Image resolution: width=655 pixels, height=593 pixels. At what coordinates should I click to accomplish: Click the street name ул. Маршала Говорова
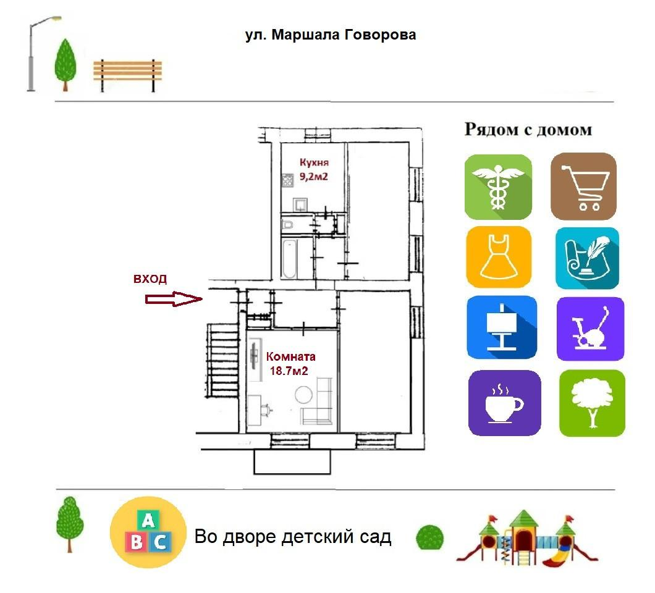pos(331,35)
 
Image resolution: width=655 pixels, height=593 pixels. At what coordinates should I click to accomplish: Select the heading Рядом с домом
pos(528,130)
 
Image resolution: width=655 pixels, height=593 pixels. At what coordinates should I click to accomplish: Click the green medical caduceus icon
pos(498,187)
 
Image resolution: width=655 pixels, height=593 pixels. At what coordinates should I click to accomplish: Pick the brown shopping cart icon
pos(583,187)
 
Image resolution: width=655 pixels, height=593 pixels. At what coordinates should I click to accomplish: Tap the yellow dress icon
pos(498,257)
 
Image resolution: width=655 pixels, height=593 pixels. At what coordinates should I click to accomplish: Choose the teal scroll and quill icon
pos(587,258)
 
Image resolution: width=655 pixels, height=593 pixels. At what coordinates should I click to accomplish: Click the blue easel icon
pos(502,327)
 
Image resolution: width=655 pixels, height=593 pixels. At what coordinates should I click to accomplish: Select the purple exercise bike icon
pos(590,329)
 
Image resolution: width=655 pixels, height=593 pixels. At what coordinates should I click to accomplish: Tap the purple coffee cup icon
pos(505,403)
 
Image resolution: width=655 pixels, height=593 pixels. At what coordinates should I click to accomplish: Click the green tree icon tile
pos(592,403)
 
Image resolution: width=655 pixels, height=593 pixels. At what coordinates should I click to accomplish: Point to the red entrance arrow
pos(174,299)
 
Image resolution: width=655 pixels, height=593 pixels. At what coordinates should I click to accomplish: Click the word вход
pos(150,279)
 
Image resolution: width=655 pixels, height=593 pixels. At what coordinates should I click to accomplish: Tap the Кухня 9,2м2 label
pos(314,169)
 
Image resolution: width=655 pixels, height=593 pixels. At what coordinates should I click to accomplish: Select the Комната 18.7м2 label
pos(290,363)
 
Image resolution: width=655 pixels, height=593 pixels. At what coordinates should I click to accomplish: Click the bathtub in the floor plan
pos(289,259)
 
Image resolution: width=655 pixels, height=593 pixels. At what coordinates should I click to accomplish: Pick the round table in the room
pos(303,395)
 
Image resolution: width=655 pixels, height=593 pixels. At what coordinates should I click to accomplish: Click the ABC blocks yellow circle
pos(148,532)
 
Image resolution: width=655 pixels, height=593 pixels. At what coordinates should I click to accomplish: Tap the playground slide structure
pos(527,538)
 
